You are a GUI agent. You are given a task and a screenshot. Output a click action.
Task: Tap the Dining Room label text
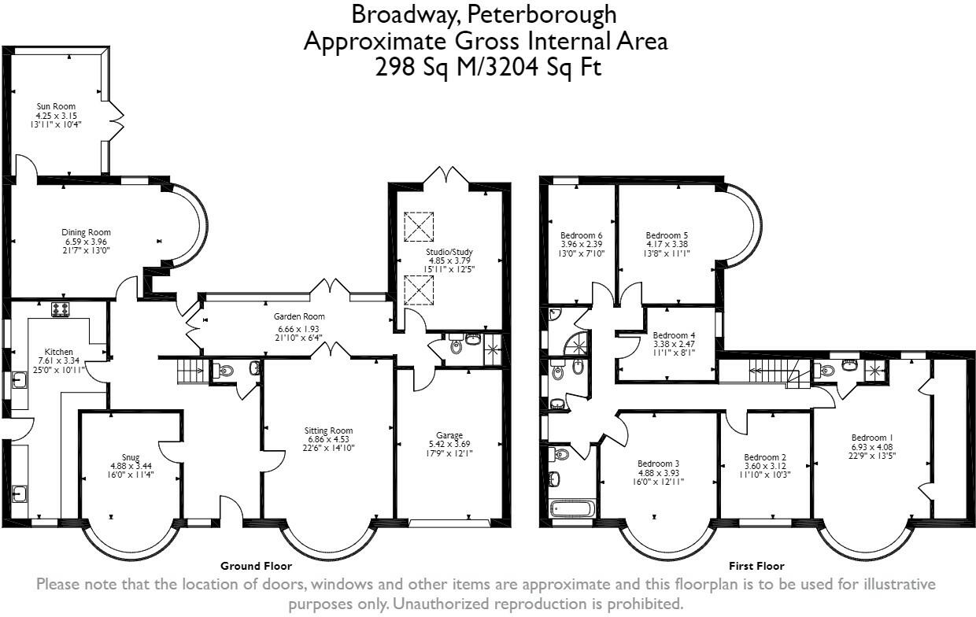point(86,232)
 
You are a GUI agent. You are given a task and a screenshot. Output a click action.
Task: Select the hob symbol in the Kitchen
point(61,309)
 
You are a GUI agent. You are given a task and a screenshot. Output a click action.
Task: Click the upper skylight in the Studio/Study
point(419,227)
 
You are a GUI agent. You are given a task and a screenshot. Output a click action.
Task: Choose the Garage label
point(449,434)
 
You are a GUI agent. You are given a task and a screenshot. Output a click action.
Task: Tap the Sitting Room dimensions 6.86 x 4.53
point(329,441)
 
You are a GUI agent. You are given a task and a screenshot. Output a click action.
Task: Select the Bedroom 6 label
point(581,235)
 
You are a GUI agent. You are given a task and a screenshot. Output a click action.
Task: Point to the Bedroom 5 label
point(667,235)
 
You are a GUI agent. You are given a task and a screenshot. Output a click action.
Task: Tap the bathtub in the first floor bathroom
point(571,508)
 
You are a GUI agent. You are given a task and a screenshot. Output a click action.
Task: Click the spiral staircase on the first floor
point(578,343)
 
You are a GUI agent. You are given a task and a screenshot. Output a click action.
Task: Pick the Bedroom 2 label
point(765,457)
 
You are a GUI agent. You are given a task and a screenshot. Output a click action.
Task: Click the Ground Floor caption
point(256,566)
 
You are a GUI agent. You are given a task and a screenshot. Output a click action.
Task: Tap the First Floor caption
point(756,566)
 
